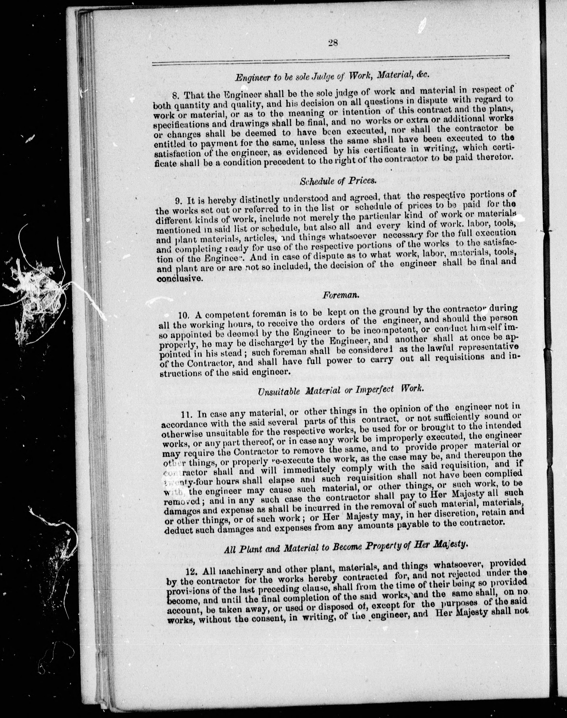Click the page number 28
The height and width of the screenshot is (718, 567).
click(333, 43)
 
